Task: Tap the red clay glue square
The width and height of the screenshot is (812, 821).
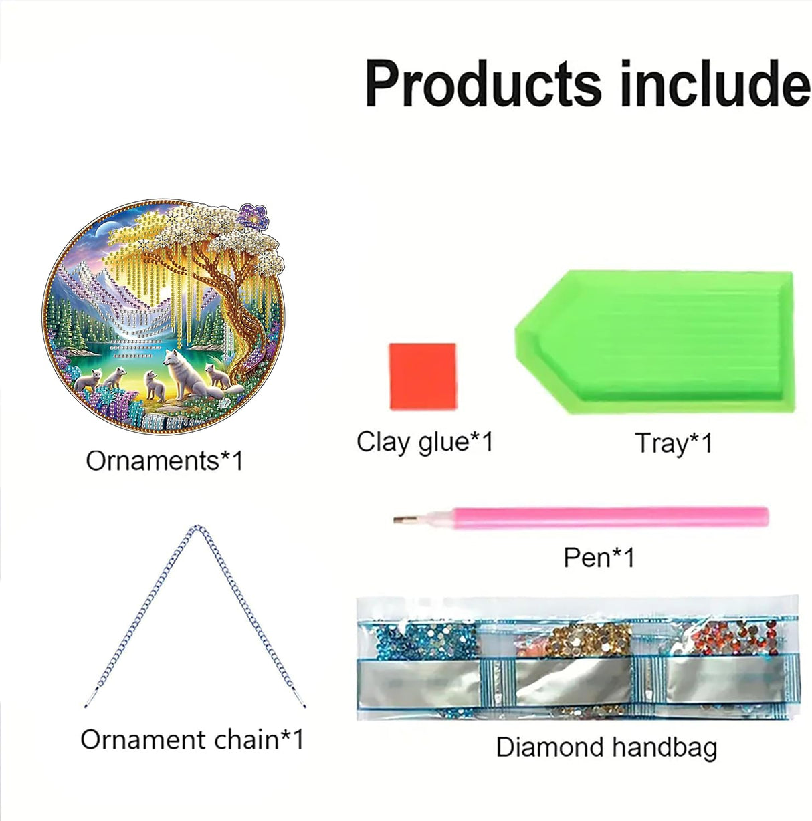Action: (x=423, y=376)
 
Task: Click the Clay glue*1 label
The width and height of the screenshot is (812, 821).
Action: (x=424, y=441)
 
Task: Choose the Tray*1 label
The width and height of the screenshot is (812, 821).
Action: (x=674, y=443)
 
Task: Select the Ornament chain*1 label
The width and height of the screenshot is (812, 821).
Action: (x=192, y=739)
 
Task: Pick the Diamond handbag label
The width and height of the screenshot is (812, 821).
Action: (x=606, y=747)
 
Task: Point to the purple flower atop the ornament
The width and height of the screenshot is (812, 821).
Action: (x=253, y=217)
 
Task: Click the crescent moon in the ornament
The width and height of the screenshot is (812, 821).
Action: (x=102, y=231)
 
